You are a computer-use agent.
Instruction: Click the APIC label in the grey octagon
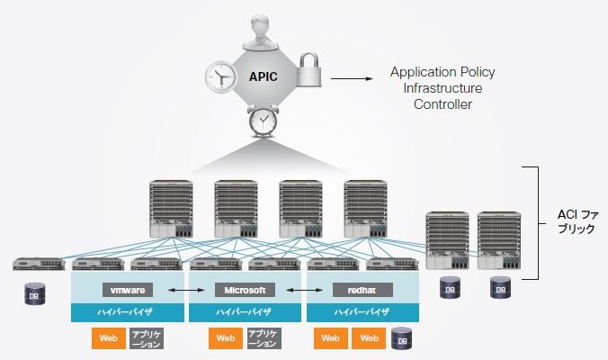tap(263, 76)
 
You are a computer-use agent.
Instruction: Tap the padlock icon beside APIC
tap(309, 69)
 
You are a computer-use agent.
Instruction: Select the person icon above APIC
tap(261, 32)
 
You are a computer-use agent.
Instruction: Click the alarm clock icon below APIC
tap(263, 121)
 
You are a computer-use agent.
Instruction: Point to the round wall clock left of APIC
tap(220, 76)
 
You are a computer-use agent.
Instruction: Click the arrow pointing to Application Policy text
tap(352, 79)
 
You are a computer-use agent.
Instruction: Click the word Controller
tap(443, 104)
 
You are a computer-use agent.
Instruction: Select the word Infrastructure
tap(443, 88)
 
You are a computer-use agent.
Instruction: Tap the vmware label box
tap(128, 290)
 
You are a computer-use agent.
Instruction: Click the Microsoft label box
tap(245, 290)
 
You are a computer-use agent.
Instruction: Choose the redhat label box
tap(362, 290)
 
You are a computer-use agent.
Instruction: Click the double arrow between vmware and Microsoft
tap(186, 290)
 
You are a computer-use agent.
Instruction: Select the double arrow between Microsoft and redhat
tap(304, 290)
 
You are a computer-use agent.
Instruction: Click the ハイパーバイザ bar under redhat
tap(362, 312)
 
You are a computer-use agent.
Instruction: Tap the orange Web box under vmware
tap(109, 338)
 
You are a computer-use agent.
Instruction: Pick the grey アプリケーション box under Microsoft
tap(264, 338)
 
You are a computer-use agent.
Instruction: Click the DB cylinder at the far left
tap(35, 293)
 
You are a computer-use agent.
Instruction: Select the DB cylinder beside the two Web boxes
tap(402, 338)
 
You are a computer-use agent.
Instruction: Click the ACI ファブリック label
tap(577, 221)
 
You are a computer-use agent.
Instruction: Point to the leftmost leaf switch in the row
tap(39, 264)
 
